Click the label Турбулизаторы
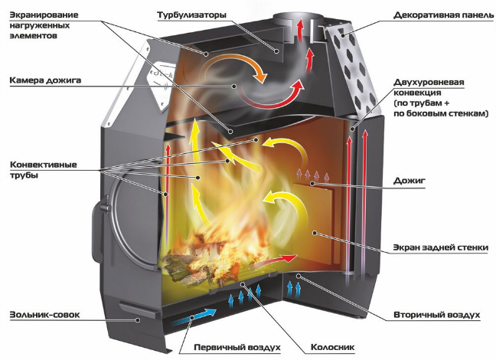point(191,15)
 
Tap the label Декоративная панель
point(443,15)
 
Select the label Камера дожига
point(45,80)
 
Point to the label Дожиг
point(410,181)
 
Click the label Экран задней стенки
point(441,247)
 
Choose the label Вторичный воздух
point(437,315)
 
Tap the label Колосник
point(332,347)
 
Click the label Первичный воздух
point(237,347)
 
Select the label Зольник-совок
point(44,315)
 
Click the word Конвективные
point(44,165)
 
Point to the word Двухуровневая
point(429,82)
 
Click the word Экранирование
point(44,15)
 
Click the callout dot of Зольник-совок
point(138,320)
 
